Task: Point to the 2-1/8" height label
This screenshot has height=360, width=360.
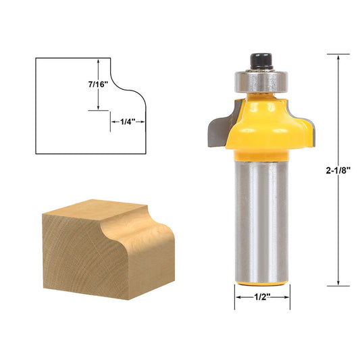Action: tap(336, 171)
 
